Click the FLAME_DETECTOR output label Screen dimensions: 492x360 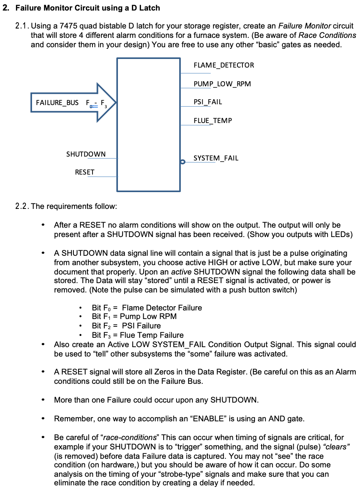pyautogui.click(x=223, y=65)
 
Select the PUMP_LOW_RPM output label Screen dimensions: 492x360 pyautogui.click(x=222, y=84)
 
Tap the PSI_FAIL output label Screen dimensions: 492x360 pyautogui.click(x=208, y=102)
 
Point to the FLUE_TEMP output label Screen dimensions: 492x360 pyautogui.click(x=212, y=121)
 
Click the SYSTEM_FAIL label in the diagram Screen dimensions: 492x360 pyautogui.click(x=216, y=158)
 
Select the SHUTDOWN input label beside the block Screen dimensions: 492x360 pyautogui.click(x=86, y=154)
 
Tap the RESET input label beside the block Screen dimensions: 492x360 pyautogui.click(x=85, y=172)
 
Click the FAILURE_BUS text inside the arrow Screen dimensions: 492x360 pyautogui.click(x=57, y=103)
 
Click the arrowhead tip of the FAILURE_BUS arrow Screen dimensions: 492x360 pyautogui.click(x=115, y=103)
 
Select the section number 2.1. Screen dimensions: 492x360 pyautogui.click(x=21, y=27)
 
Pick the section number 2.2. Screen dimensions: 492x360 pyautogui.click(x=21, y=206)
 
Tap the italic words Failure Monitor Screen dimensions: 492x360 pyautogui.click(x=305, y=27)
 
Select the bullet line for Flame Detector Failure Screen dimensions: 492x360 pyautogui.click(x=147, y=308)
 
